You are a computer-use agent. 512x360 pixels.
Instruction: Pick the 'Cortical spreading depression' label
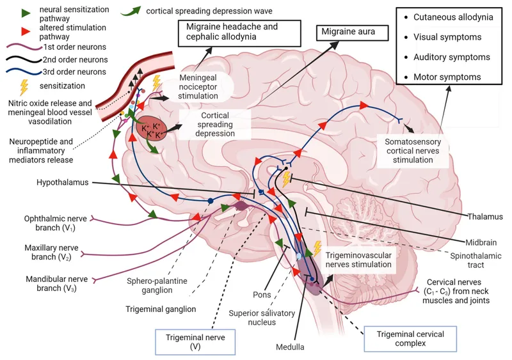click(x=208, y=123)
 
